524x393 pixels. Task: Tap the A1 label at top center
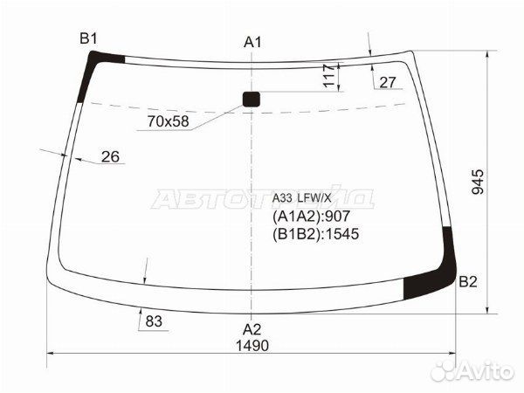pyautogui.click(x=252, y=42)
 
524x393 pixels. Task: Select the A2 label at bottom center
pyautogui.click(x=252, y=328)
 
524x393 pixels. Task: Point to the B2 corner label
pyautogui.click(x=468, y=282)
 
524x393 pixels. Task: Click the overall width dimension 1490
pyautogui.click(x=252, y=346)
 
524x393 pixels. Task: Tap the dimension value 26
pyautogui.click(x=110, y=157)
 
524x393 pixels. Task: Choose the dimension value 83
pyautogui.click(x=154, y=321)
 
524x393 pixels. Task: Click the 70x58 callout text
pyautogui.click(x=169, y=121)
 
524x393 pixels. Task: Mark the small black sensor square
pyautogui.click(x=252, y=99)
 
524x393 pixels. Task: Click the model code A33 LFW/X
pyautogui.click(x=307, y=197)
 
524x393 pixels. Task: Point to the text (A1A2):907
pyautogui.click(x=313, y=217)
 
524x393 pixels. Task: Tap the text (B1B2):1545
pyautogui.click(x=316, y=233)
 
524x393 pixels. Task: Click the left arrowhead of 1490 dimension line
pyautogui.click(x=49, y=354)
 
